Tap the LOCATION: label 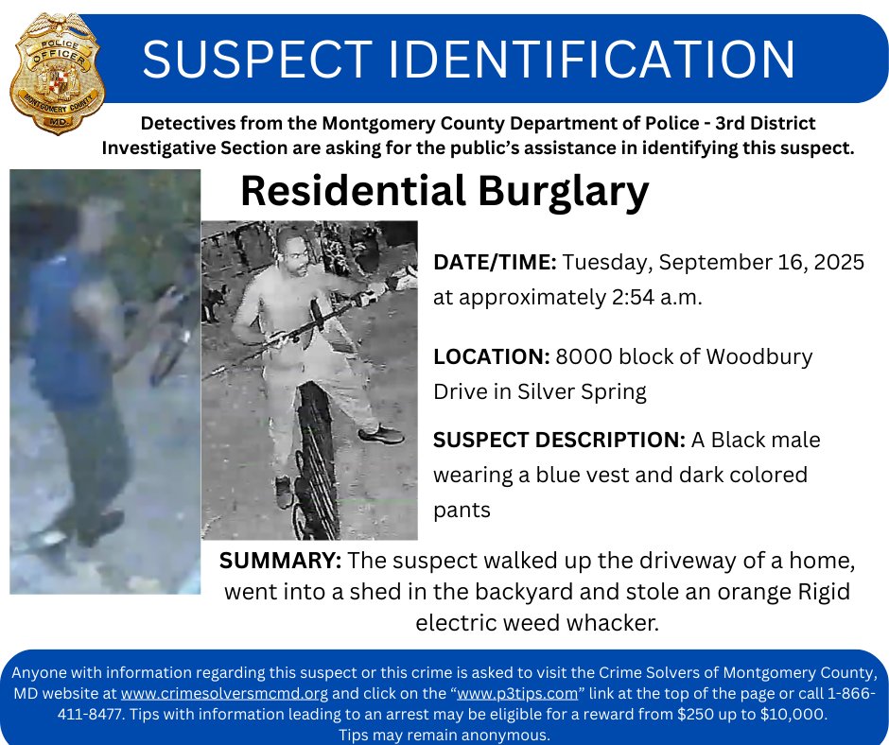click(x=491, y=357)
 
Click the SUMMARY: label click(x=280, y=560)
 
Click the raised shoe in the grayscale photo click(x=382, y=435)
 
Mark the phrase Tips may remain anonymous click(x=444, y=735)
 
